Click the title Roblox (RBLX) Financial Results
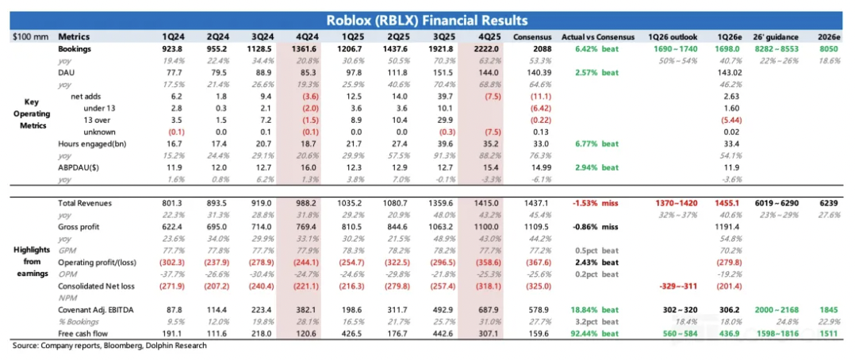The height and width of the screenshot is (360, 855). tap(427, 19)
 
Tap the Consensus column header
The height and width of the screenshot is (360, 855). tap(531, 36)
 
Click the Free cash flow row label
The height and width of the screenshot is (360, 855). tap(84, 335)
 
